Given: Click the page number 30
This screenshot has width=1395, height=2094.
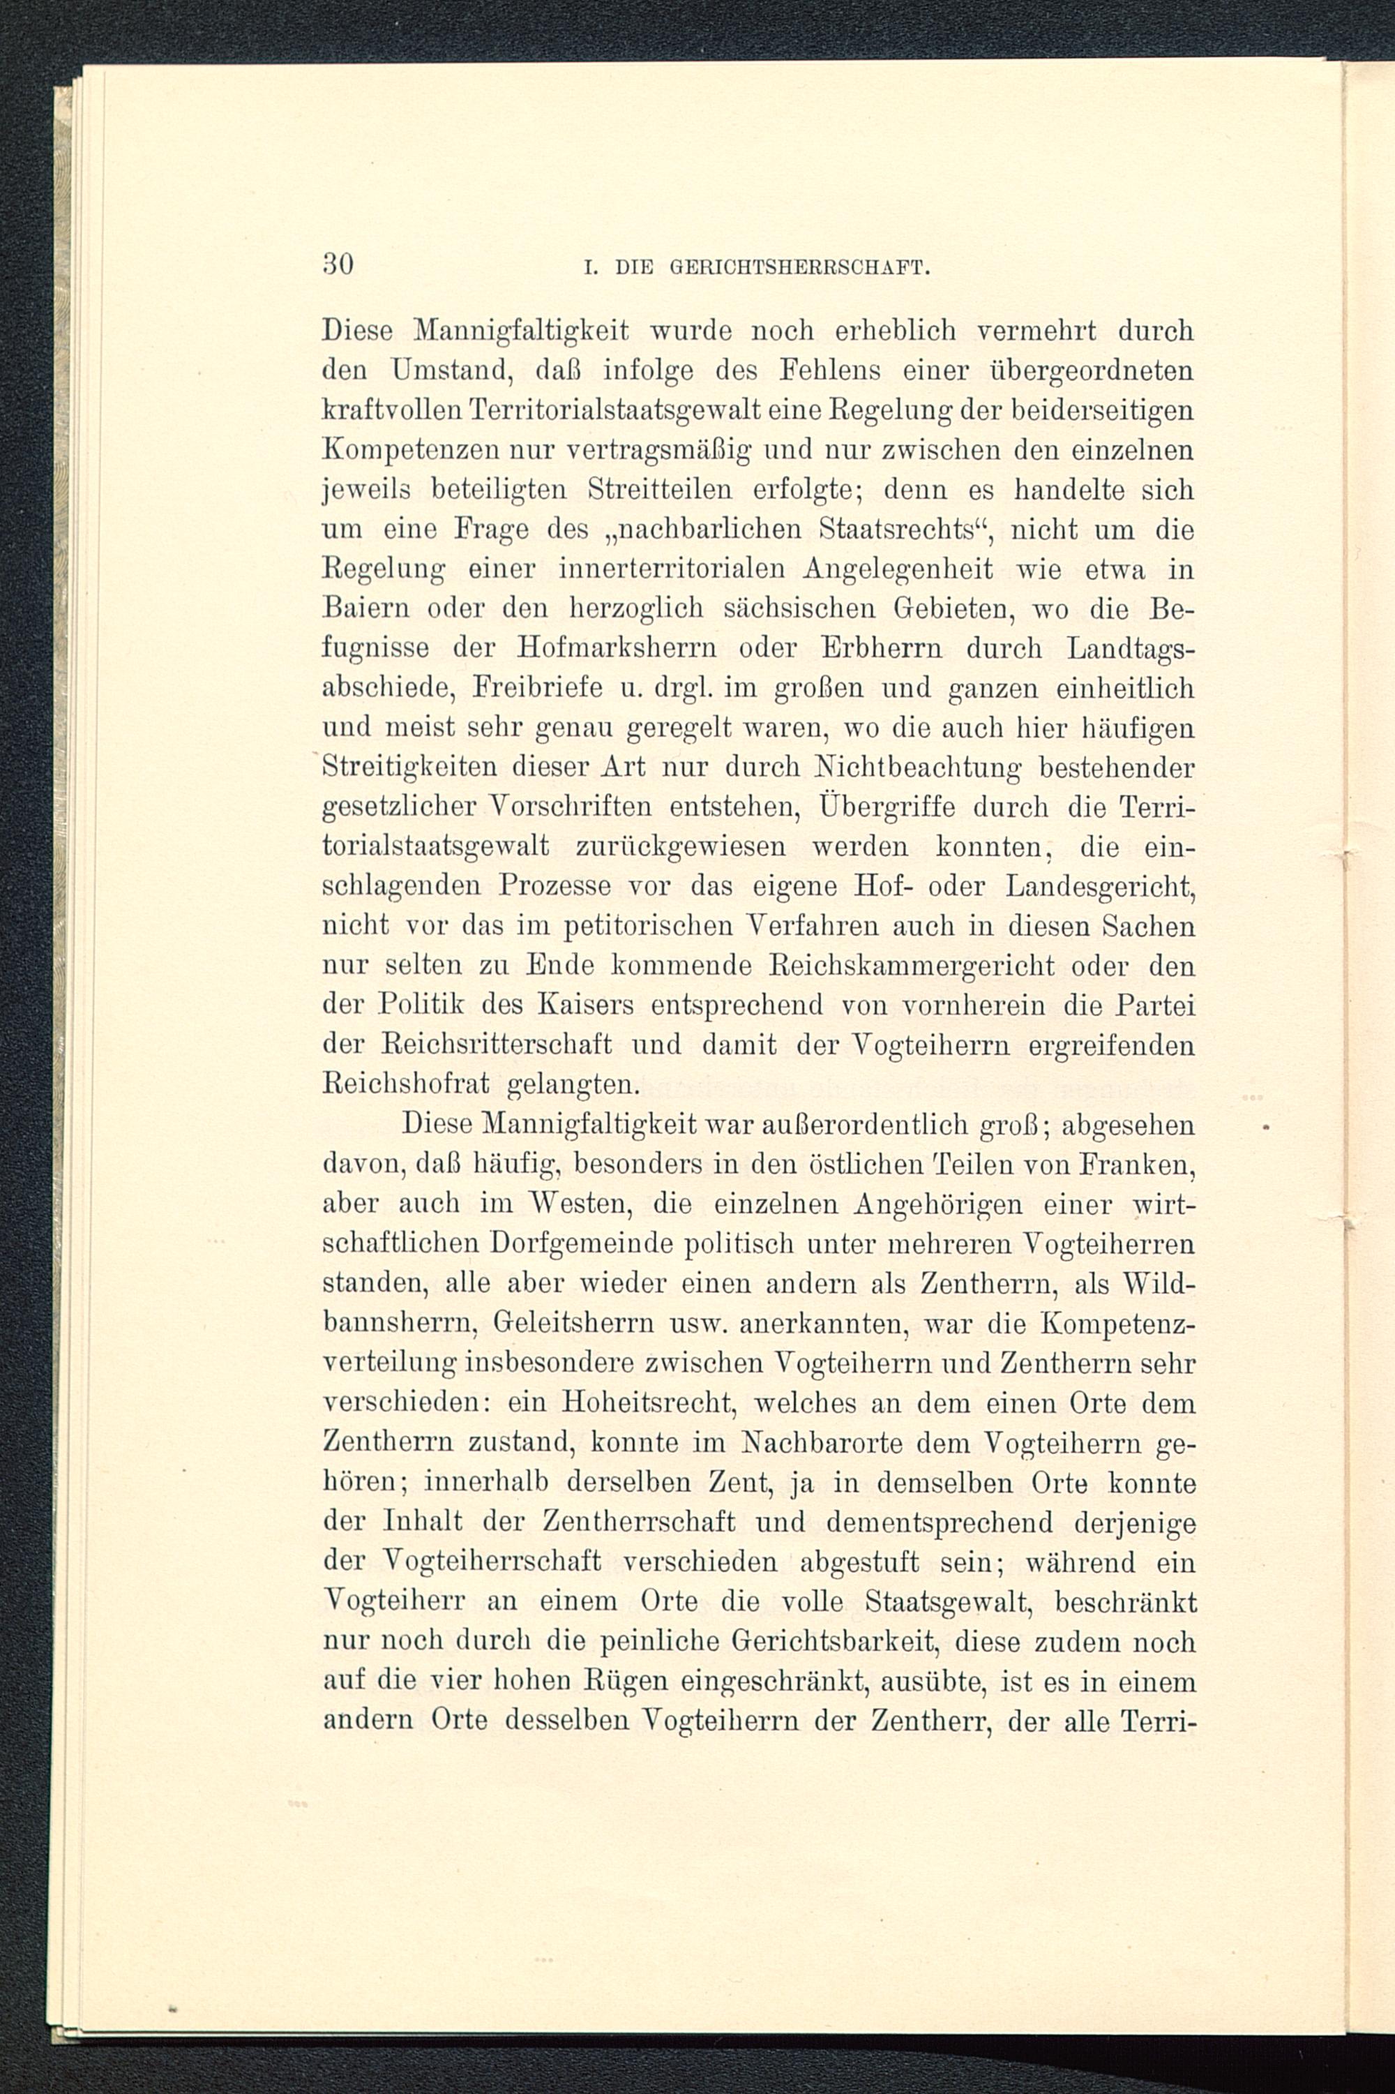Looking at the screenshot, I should pyautogui.click(x=338, y=264).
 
